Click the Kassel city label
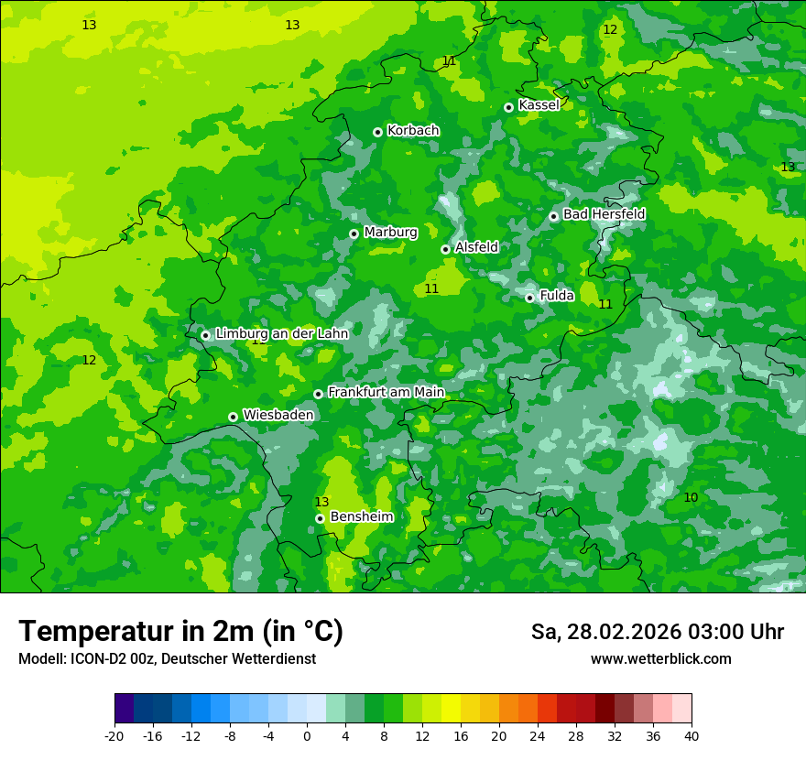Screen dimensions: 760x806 (x=539, y=105)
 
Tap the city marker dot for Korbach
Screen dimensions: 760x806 (x=377, y=132)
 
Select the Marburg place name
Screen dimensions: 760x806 (x=390, y=233)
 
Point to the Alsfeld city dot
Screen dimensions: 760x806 (x=445, y=249)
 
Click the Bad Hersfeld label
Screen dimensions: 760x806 (x=604, y=214)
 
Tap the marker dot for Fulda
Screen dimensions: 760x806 (x=529, y=298)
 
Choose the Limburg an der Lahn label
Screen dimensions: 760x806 (x=281, y=334)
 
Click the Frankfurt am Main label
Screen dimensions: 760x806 (x=386, y=392)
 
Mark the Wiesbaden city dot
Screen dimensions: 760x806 (x=233, y=417)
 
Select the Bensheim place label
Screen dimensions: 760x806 (x=361, y=516)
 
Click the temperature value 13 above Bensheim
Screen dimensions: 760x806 (x=321, y=502)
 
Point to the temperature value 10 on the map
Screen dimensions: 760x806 (x=691, y=497)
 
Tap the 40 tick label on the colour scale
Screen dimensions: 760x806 (x=692, y=735)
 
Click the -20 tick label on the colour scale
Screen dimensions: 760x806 (x=114, y=735)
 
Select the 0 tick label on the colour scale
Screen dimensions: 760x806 (x=307, y=735)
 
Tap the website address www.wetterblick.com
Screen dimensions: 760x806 (x=661, y=659)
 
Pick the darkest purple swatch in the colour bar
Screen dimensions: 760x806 (x=124, y=709)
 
